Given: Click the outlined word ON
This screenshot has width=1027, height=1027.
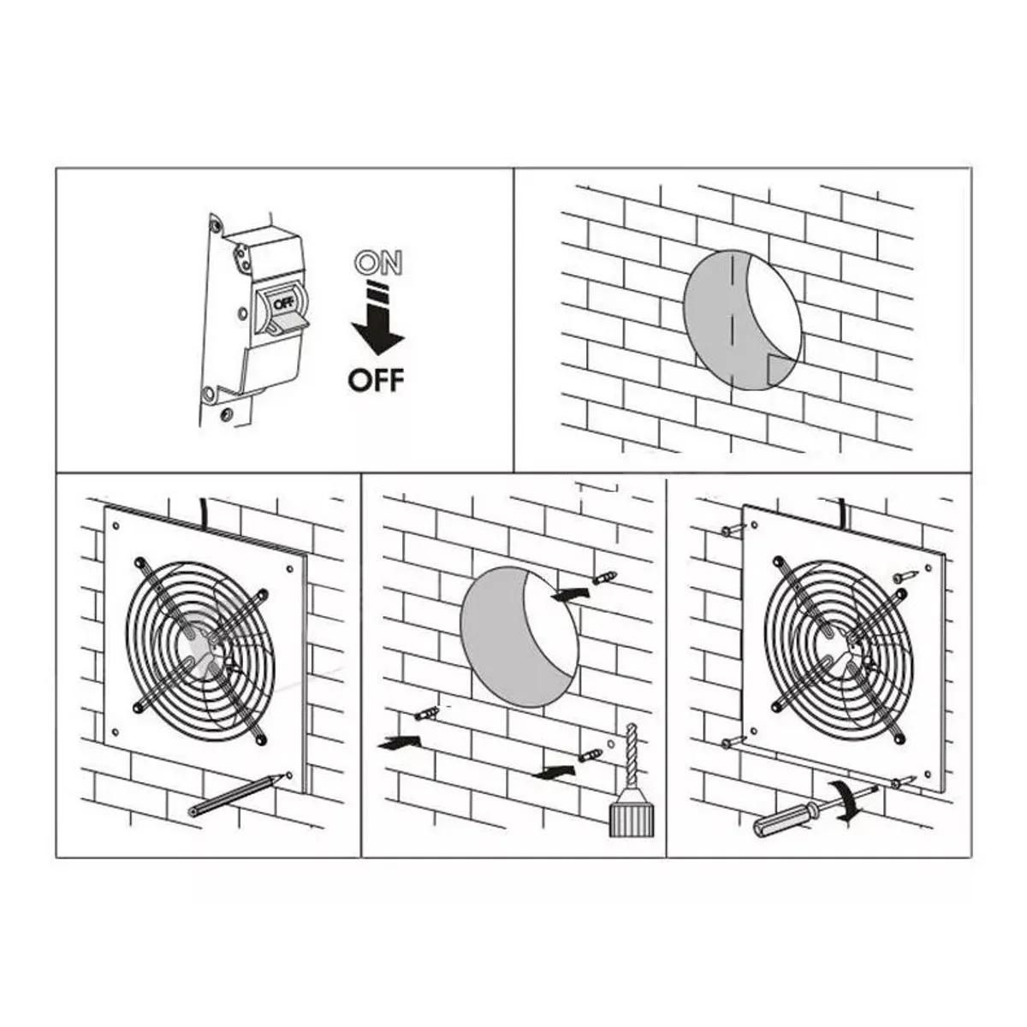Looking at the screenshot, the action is pos(379,264).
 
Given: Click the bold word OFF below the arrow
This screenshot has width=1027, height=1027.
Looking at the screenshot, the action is pos(376,379).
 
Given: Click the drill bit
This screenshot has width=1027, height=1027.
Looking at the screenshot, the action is pos(632,765).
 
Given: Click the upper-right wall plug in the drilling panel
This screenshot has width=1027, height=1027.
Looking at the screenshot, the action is pos(604,577).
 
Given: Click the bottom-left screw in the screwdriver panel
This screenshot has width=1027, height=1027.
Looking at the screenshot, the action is pos(733,741).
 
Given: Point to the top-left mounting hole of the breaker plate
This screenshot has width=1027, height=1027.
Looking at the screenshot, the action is pos(215,226).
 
